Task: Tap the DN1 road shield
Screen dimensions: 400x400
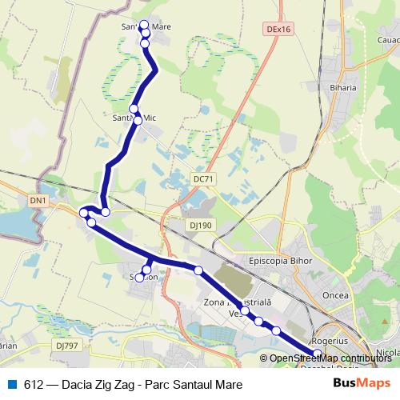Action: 38,199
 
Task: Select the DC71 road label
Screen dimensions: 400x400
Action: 204,179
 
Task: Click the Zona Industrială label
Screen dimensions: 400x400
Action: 238,302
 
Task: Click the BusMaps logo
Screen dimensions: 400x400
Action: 357,383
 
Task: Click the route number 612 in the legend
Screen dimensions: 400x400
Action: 33,383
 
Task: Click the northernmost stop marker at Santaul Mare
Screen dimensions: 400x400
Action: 144,25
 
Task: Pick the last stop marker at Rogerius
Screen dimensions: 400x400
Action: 317,354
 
